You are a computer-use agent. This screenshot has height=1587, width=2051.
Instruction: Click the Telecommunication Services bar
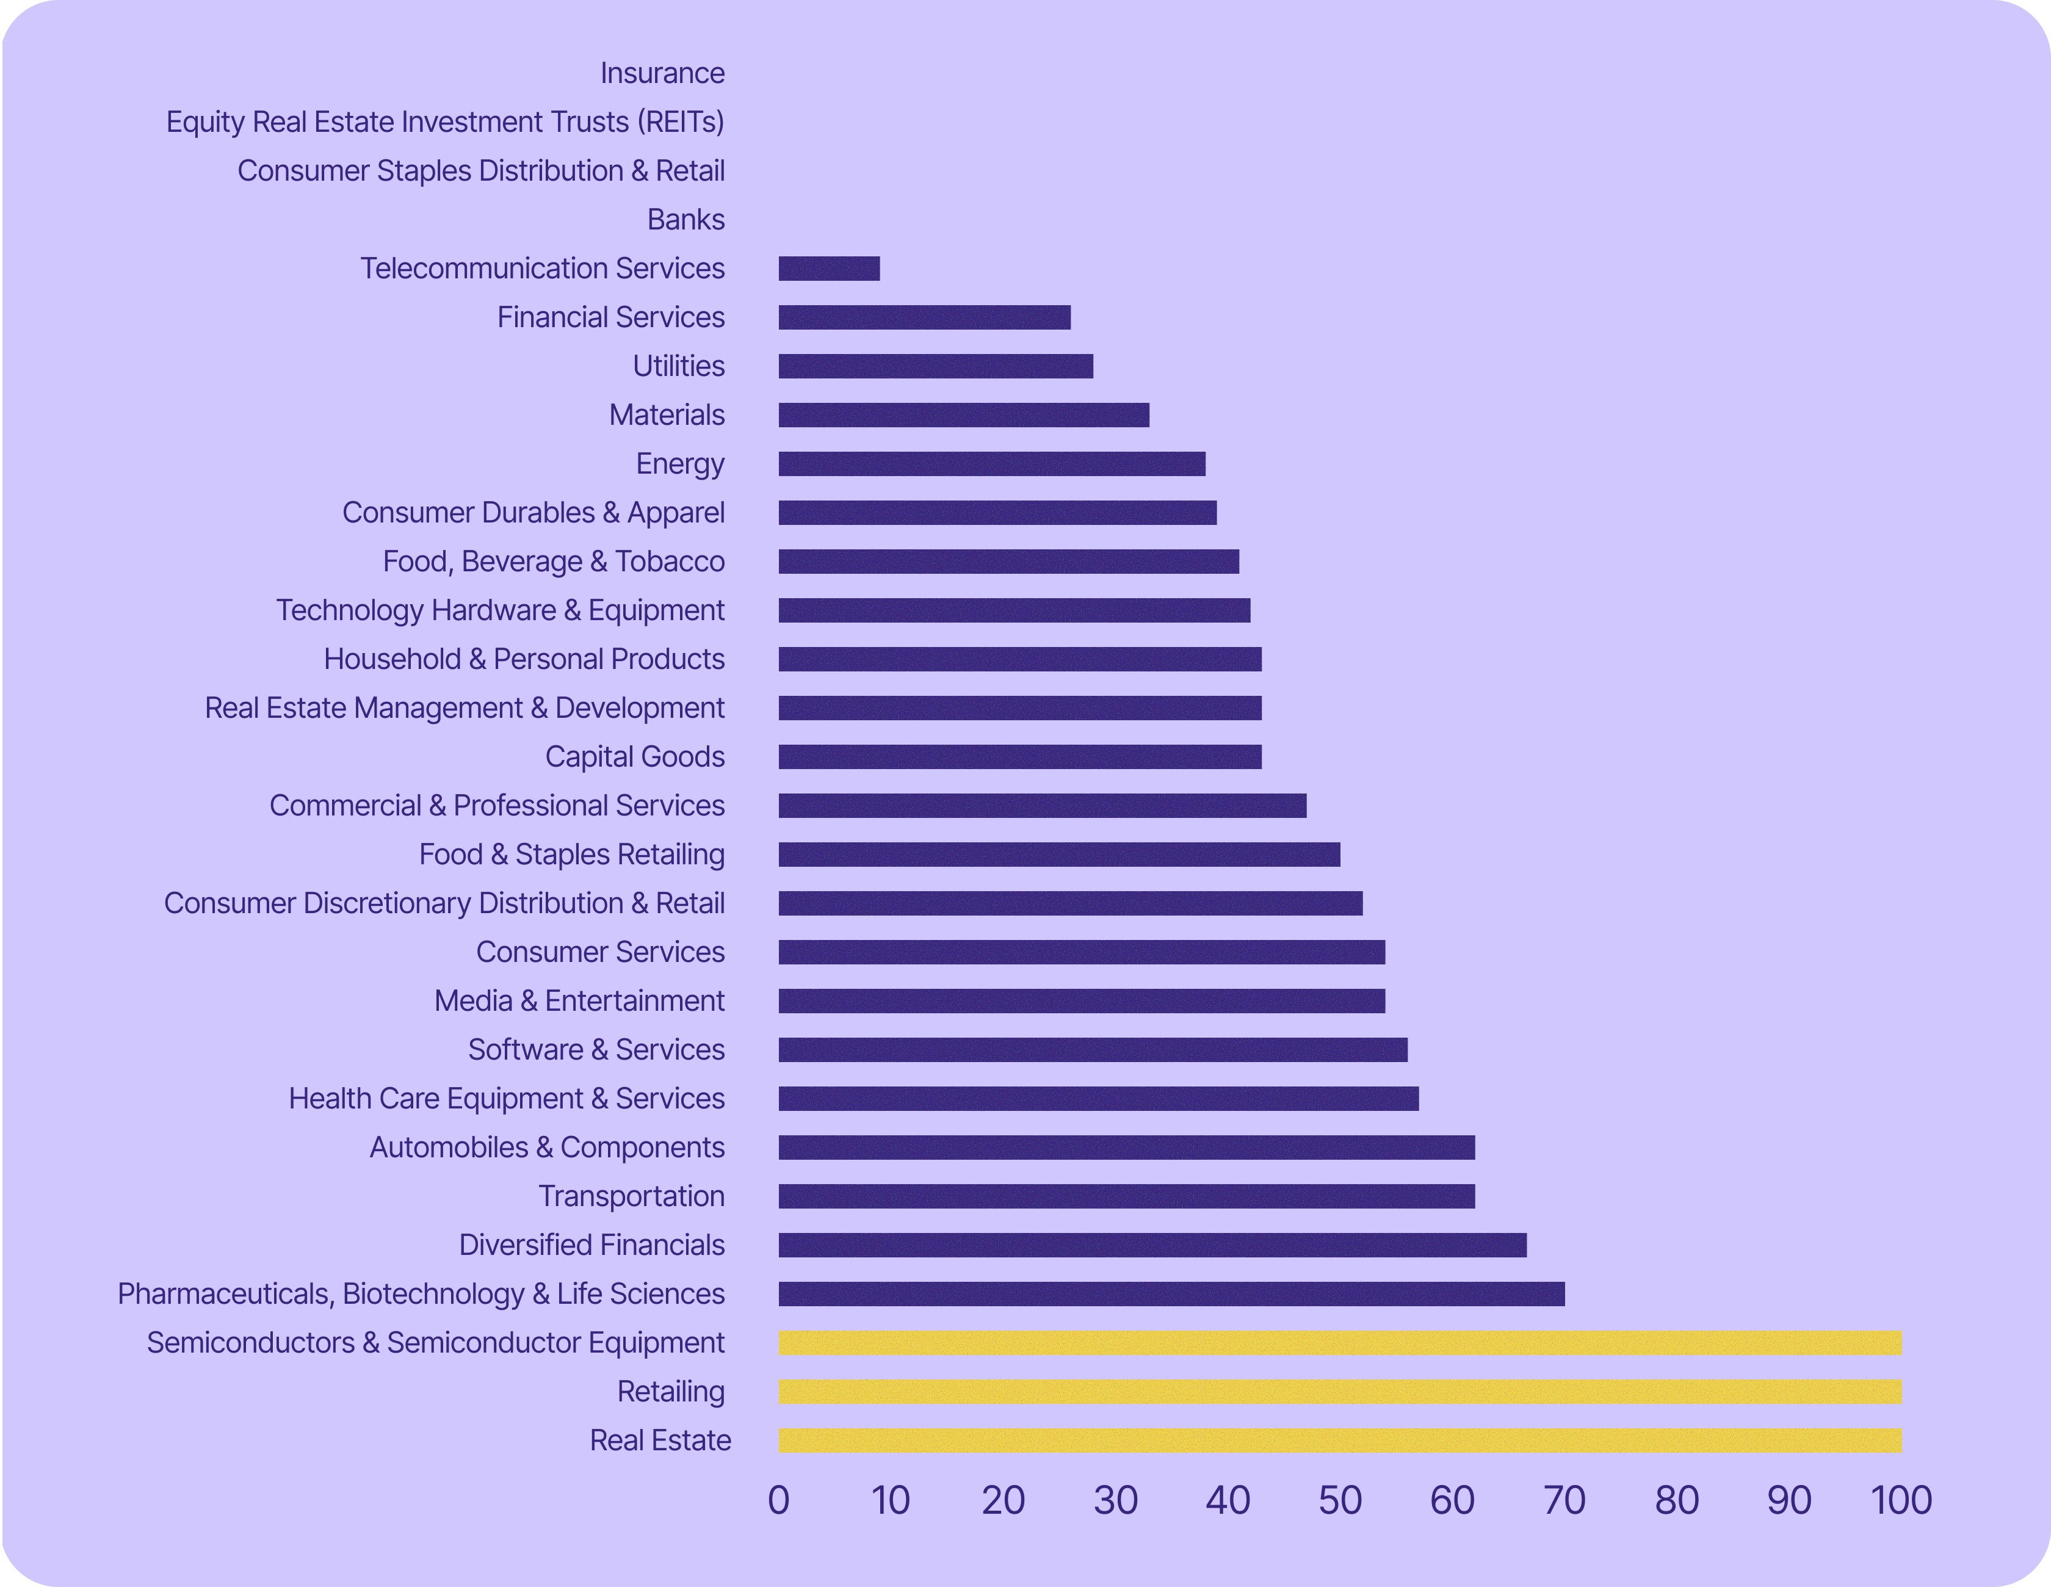pyautogui.click(x=828, y=269)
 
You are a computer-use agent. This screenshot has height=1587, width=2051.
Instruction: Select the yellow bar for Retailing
pyautogui.click(x=1339, y=1392)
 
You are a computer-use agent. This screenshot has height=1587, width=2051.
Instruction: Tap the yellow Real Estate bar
pyautogui.click(x=1339, y=1441)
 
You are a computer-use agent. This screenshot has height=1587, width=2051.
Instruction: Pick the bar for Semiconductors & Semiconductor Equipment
pyautogui.click(x=1339, y=1343)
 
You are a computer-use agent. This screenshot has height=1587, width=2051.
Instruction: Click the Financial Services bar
pyautogui.click(x=924, y=317)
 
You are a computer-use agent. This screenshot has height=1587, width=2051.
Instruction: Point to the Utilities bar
pyautogui.click(x=935, y=366)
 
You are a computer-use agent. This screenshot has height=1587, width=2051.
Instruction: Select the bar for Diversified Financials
pyautogui.click(x=1152, y=1245)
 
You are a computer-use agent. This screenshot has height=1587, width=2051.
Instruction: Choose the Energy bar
pyautogui.click(x=992, y=464)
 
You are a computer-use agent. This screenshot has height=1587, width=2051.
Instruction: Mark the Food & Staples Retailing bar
pyautogui.click(x=1058, y=855)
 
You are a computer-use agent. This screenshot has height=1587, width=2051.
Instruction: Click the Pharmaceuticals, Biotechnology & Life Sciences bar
pyautogui.click(x=1171, y=1294)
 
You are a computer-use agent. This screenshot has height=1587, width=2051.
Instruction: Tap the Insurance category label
pyautogui.click(x=662, y=73)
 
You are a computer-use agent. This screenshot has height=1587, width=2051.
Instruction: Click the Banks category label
pyautogui.click(x=685, y=220)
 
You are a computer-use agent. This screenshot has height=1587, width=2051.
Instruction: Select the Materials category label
pyautogui.click(x=667, y=415)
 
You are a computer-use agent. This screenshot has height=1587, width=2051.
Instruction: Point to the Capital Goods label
pyautogui.click(x=635, y=757)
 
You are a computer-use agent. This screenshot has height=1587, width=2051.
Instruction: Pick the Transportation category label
pyautogui.click(x=631, y=1196)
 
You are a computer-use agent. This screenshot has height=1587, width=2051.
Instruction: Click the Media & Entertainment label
pyautogui.click(x=579, y=1001)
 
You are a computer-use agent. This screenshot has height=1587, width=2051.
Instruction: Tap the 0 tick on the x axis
pyautogui.click(x=778, y=1500)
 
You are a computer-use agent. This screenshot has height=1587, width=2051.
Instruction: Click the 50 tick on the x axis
pyautogui.click(x=1340, y=1500)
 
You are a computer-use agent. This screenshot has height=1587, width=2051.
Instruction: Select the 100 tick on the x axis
pyautogui.click(x=1901, y=1500)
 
